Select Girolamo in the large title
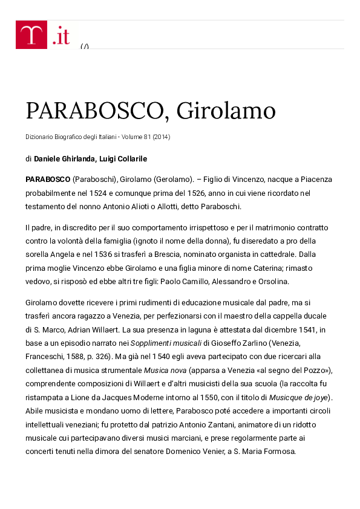[224, 111]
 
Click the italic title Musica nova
[164, 369]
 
